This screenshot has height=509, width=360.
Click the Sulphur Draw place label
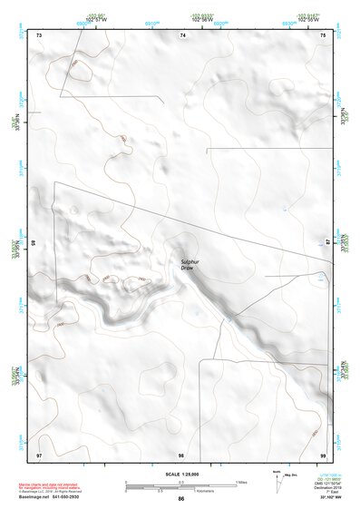(188, 264)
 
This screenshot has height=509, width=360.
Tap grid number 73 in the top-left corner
(39, 34)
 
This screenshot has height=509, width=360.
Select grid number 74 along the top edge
(182, 34)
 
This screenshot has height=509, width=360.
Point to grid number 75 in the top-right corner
(323, 34)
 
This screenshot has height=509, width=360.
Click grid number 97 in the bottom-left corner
(39, 453)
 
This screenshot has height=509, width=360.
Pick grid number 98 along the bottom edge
(181, 453)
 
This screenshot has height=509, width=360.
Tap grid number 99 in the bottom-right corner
(323, 453)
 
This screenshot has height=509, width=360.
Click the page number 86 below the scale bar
(181, 499)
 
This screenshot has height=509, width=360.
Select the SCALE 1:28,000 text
(181, 475)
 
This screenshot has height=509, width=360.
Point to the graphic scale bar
(180, 484)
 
